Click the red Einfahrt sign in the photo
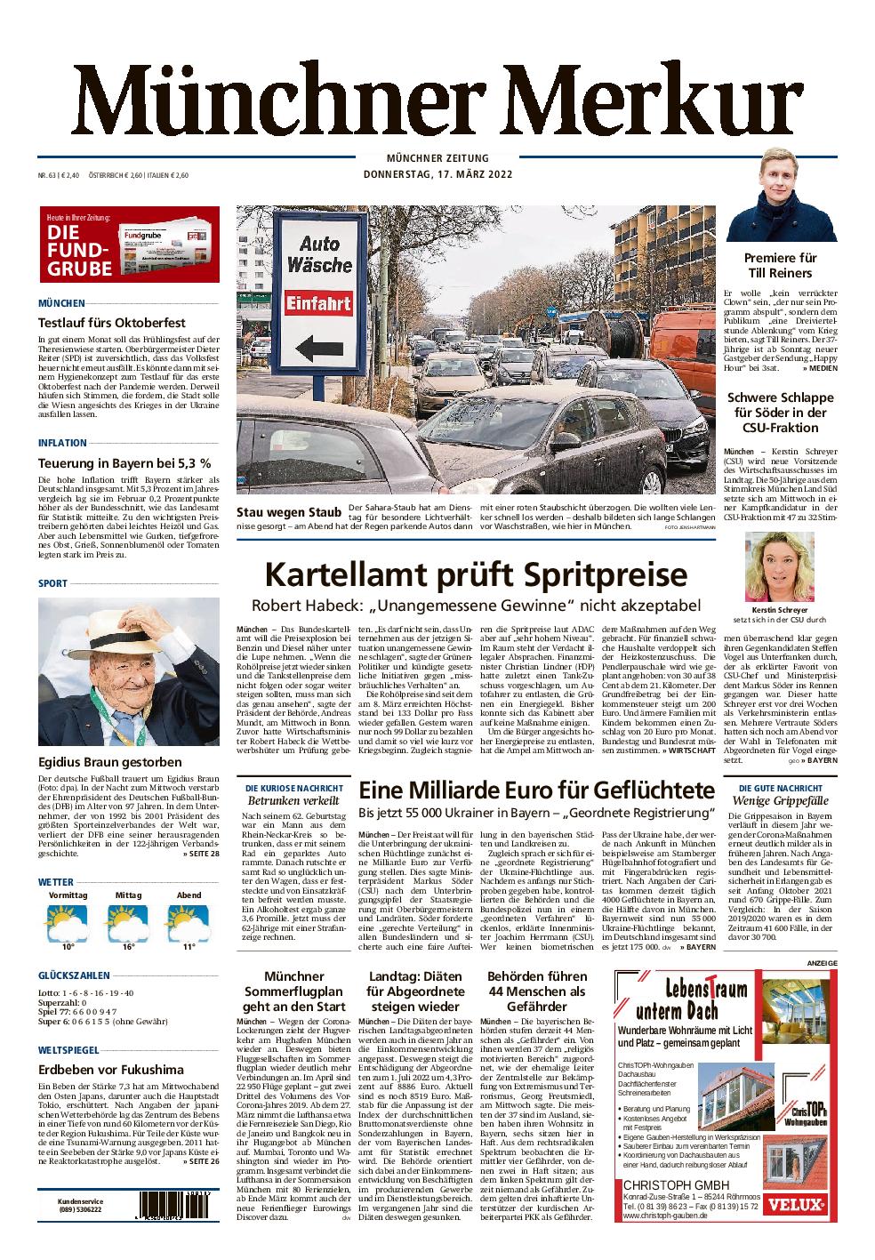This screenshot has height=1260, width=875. pos(317,304)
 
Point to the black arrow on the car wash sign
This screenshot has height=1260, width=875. pos(317,347)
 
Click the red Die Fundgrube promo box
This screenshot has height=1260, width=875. pos(130,245)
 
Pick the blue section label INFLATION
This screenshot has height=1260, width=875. pos(62,443)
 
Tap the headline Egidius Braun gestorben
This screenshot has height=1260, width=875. pos(110,762)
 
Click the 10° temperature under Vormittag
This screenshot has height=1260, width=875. pos(68,948)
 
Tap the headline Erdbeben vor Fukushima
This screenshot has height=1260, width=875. pos(111,1070)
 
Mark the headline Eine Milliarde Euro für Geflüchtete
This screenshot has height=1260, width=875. pos(536,790)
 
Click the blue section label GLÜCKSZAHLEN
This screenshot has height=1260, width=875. pos(74,975)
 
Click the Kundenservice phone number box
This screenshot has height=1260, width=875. pos(81,1205)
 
